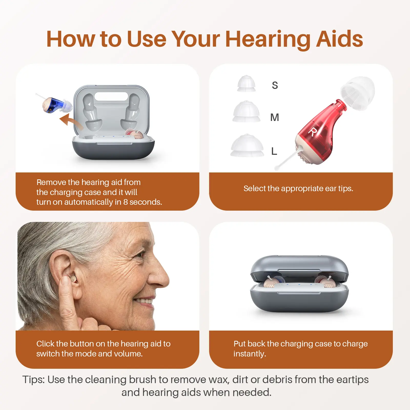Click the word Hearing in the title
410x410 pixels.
[268, 39]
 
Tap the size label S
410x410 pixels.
[275, 85]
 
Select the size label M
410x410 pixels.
[275, 117]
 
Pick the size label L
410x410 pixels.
[274, 151]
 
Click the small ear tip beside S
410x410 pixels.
[246, 84]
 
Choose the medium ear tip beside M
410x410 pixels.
[246, 111]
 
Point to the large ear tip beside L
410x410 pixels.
[247, 145]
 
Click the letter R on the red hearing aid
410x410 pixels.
[312, 132]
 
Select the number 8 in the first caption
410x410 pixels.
[126, 202]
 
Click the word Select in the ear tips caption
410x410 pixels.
[255, 188]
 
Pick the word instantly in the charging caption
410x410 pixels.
[250, 354]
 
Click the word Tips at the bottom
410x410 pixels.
[34, 380]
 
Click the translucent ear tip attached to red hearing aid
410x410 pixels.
[358, 93]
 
